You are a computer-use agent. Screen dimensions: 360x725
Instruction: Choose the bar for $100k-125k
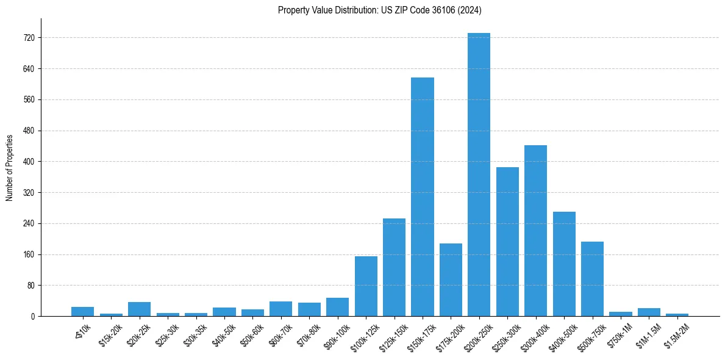point(366,286)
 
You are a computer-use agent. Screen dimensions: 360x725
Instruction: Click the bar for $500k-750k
point(592,279)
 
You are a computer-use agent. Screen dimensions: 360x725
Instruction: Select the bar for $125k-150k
point(394,267)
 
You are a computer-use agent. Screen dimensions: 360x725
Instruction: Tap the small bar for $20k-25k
point(139,309)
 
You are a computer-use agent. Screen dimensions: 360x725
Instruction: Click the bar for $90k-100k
point(337,307)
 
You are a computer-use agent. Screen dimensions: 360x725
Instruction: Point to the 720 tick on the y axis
point(29,38)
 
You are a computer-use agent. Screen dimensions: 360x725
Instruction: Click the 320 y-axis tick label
point(29,193)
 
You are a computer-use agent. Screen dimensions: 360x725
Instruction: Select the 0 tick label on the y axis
point(32,317)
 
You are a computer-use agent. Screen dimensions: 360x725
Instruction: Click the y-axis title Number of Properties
point(9,168)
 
